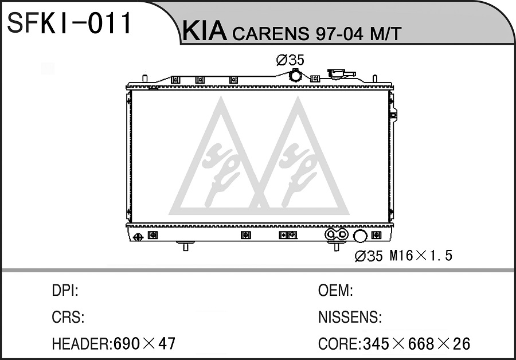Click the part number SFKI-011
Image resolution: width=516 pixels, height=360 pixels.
pyautogui.click(x=69, y=23)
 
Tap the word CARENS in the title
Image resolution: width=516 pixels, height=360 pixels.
pyautogui.click(x=271, y=34)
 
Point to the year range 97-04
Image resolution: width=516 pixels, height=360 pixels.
pyautogui.click(x=340, y=34)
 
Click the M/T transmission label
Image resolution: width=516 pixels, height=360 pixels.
pyautogui.click(x=386, y=34)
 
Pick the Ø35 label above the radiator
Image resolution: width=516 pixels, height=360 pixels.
pyautogui.click(x=290, y=60)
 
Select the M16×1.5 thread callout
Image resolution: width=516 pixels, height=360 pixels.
pyautogui.click(x=421, y=256)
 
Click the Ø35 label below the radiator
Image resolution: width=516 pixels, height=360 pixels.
pyautogui.click(x=369, y=256)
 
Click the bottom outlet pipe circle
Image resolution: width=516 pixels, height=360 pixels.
pyautogui.click(x=359, y=236)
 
